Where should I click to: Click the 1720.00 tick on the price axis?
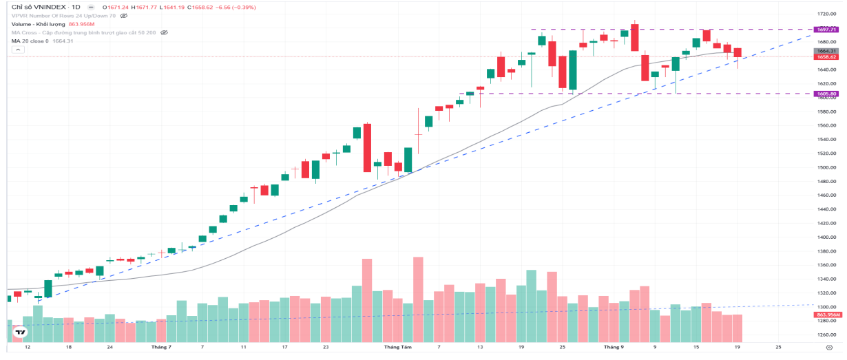click(826, 14)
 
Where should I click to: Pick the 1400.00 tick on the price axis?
click(826, 237)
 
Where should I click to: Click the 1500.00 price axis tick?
click(826, 167)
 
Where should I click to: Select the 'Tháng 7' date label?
click(160, 348)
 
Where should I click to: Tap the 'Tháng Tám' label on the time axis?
click(398, 348)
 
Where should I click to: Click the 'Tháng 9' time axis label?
click(613, 348)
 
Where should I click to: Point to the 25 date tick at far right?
click(777, 348)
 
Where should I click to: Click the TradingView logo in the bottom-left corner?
click(21, 332)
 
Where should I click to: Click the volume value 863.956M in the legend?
click(81, 24)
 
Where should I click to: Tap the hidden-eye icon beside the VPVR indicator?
click(124, 15)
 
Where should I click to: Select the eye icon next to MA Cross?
click(164, 32)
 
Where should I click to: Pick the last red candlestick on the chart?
click(738, 53)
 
